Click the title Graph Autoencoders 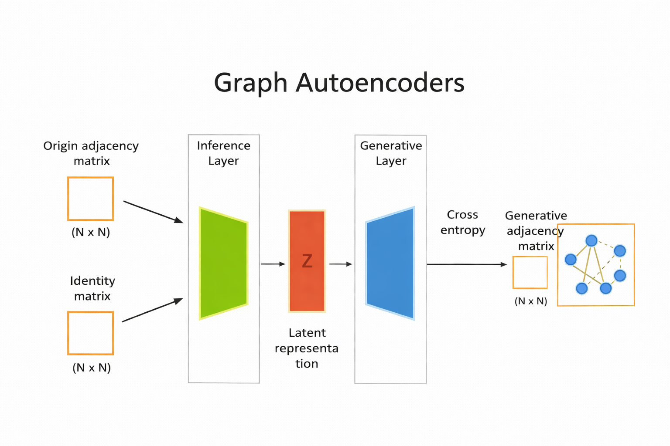339,82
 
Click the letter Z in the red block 307,261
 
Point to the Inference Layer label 223,153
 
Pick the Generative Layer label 391,153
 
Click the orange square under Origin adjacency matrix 91,199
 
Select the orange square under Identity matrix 91,333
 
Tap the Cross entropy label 462,222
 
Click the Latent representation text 307,348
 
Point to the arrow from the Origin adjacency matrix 153,212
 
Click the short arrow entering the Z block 273,264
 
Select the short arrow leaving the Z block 341,264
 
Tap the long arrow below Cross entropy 467,264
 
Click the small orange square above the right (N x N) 530,273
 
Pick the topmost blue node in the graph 591,240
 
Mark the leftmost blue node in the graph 571,260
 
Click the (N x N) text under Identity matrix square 92,368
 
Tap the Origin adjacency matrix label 91,153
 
